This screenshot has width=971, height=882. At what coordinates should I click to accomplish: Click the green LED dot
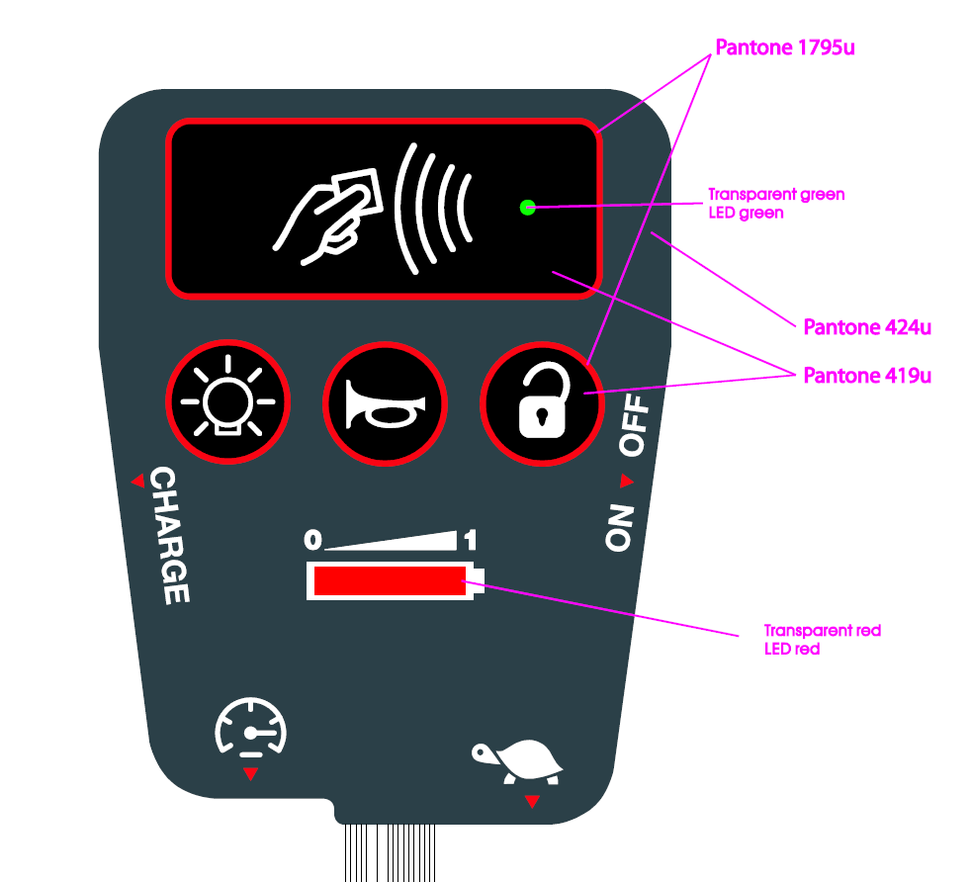coord(528,208)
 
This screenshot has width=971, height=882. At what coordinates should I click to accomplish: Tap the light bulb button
coord(227,401)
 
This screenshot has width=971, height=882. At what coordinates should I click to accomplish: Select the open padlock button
coord(543,403)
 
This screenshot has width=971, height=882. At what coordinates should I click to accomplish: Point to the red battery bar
coord(390,581)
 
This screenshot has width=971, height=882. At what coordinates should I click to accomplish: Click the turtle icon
coord(517,761)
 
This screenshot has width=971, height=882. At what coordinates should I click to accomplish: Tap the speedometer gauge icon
coord(251,727)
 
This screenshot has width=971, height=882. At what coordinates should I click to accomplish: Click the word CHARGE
coord(169,535)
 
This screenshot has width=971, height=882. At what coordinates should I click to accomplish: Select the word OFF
coord(635,425)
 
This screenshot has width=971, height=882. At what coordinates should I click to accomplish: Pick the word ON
coord(620,528)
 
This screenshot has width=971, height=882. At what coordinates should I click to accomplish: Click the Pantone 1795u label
coord(785,47)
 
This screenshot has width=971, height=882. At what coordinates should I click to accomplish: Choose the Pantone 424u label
coord(867,327)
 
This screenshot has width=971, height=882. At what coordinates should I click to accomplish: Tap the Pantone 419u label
coord(867,376)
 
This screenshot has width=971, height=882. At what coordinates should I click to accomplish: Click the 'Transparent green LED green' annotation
coord(776,204)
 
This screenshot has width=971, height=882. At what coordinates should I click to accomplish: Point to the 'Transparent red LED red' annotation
coord(823,640)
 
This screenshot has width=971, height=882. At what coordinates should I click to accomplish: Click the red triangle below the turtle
coord(532,801)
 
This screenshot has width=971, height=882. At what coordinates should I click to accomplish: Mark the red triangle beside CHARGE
coord(138,481)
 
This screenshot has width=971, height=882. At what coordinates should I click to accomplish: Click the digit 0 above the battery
coord(312,540)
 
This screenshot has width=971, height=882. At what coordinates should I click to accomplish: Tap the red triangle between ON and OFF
coord(627,481)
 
